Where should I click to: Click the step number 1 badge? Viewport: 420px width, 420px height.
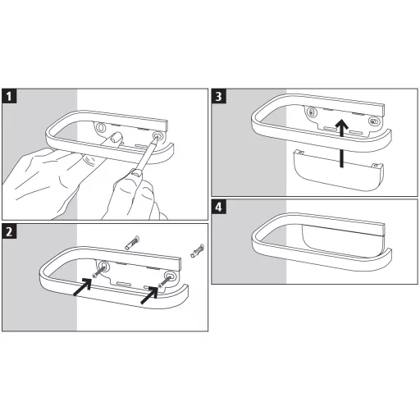coord(9,96)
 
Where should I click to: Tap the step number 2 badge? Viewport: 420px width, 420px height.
coord(9,231)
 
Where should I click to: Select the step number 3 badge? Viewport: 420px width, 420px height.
coord(219,96)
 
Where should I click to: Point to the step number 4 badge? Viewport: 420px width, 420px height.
coord(219,207)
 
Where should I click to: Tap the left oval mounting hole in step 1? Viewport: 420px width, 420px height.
coord(101,127)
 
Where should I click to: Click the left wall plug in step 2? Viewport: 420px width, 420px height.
coord(132,242)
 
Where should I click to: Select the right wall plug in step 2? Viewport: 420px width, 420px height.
coord(198,251)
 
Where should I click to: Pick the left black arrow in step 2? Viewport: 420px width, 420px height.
coord(83,287)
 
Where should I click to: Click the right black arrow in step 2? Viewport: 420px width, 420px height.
coord(149,295)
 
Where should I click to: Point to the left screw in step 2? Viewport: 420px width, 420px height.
coord(98,272)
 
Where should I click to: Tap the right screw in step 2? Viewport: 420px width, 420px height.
coord(165,281)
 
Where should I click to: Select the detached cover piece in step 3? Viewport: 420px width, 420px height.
coord(338,170)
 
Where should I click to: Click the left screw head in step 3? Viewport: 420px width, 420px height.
coord(311,112)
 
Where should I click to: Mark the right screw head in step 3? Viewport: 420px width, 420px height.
coord(373,121)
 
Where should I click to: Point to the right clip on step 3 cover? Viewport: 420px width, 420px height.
coord(376,165)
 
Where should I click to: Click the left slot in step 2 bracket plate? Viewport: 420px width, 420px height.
coord(123,284)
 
